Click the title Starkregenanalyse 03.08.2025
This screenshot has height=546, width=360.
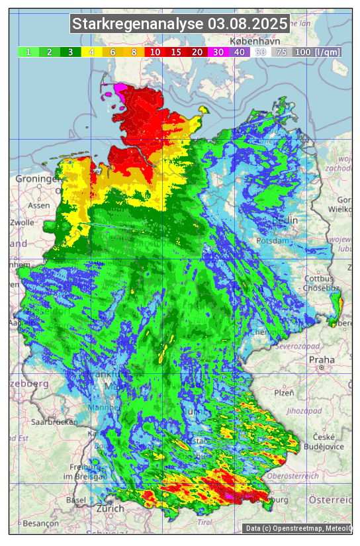point(180,24)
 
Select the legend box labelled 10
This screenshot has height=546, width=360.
point(154,52)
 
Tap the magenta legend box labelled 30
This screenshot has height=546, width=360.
point(218,52)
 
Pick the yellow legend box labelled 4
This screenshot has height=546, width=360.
point(91,52)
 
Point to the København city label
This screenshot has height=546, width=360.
point(247,41)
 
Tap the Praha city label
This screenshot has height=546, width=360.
point(322,360)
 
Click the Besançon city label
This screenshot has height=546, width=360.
point(38,523)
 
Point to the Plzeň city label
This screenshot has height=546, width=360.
point(284,392)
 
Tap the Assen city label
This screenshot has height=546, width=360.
point(38,205)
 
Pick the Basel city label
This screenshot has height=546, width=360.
point(76,500)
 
